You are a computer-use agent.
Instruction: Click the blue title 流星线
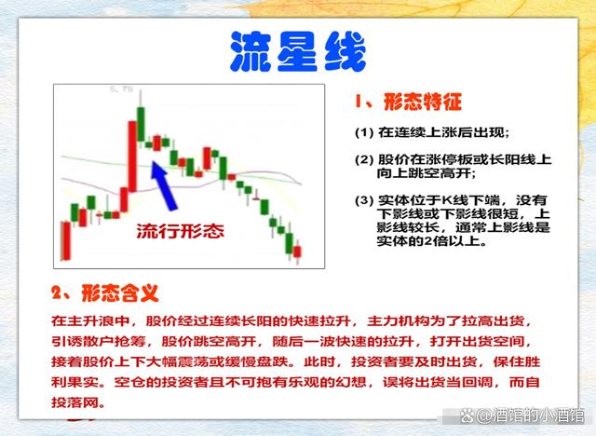[298, 51]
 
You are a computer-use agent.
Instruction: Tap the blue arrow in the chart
[164, 185]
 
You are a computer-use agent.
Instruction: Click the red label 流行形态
[180, 231]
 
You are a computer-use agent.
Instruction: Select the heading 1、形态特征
[408, 102]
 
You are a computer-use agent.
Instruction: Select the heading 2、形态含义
[105, 293]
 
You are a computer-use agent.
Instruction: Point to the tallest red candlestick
[132, 157]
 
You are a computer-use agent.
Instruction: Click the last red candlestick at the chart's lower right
[297, 252]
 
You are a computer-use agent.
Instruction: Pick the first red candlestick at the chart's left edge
[66, 240]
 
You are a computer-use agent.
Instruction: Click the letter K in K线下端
[445, 200]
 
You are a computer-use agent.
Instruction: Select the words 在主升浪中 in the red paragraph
[90, 321]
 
